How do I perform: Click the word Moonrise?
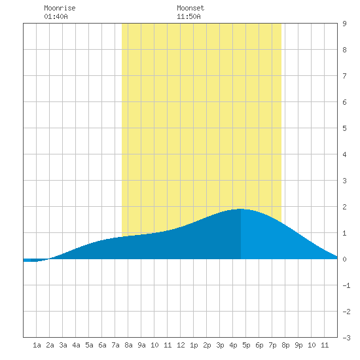coord(60,8)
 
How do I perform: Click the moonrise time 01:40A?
coord(56,16)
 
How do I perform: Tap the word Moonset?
coord(190,8)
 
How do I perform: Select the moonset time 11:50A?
coord(189,16)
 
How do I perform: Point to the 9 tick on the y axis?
coord(344,24)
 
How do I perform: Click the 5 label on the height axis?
coord(344,128)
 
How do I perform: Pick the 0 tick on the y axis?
coord(344,259)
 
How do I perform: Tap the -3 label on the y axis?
coord(346,338)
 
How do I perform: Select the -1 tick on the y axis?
coord(346,285)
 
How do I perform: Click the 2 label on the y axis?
coord(344,207)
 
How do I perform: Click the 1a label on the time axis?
coord(37,345)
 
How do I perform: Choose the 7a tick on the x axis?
coord(115,345)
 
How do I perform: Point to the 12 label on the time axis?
coord(181,345)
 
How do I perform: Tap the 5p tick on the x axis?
coord(246,345)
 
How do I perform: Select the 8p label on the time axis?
coord(285,345)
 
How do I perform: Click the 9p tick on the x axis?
coord(298,345)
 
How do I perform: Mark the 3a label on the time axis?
coord(63,345)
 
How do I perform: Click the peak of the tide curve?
coord(241,209)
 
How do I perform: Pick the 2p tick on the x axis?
coord(207,345)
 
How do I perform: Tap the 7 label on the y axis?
coord(344,76)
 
